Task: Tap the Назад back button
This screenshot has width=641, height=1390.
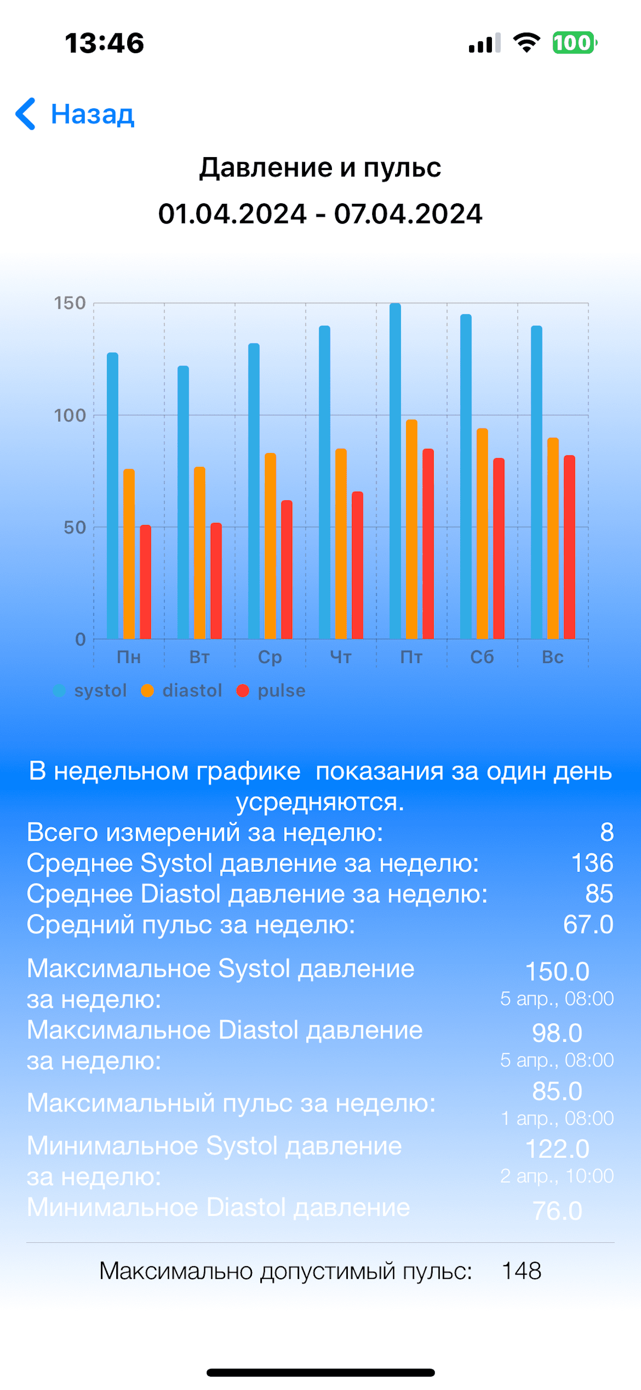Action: click(x=76, y=114)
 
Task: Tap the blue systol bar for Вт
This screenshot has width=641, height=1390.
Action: click(x=183, y=502)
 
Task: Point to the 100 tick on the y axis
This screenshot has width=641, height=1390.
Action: click(x=70, y=416)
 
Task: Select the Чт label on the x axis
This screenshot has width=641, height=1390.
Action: click(x=340, y=657)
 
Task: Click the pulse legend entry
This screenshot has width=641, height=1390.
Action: click(x=271, y=691)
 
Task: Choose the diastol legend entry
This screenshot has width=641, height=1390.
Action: click(x=182, y=691)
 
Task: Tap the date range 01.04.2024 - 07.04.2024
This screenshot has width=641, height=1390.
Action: click(x=320, y=214)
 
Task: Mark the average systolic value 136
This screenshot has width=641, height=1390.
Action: click(x=592, y=863)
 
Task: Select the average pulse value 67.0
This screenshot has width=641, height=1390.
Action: click(x=588, y=924)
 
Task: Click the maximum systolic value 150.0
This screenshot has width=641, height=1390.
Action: click(x=557, y=971)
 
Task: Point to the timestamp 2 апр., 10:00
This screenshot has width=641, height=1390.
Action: click(x=557, y=1176)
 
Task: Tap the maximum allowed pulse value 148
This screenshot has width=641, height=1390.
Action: click(x=521, y=1271)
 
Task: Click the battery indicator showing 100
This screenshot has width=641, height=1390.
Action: click(x=574, y=43)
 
